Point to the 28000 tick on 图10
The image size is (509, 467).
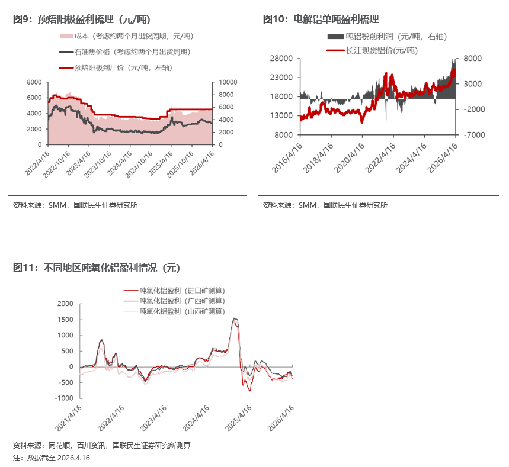click(282, 59)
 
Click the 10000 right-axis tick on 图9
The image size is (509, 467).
click(228, 82)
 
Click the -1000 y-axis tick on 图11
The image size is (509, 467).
click(63, 398)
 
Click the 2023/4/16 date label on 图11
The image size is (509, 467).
click(153, 418)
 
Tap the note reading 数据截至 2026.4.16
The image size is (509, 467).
click(57, 458)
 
